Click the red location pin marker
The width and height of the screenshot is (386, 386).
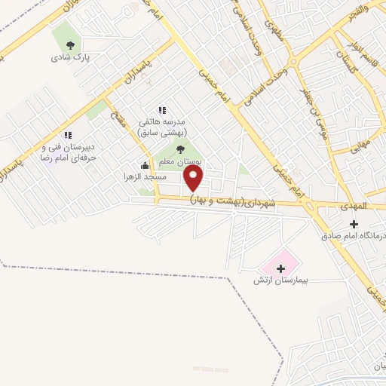pyautogui.click(x=195, y=178)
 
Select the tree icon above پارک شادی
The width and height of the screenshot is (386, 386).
pyautogui.click(x=71, y=44)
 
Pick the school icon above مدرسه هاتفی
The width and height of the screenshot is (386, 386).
pyautogui.click(x=161, y=110)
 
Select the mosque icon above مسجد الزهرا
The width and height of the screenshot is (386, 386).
pyautogui.click(x=146, y=165)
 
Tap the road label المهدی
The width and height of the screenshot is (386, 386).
pyautogui.click(x=352, y=205)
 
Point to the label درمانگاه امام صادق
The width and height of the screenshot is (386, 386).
pyautogui.click(x=354, y=237)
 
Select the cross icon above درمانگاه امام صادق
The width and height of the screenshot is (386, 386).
pyautogui.click(x=354, y=224)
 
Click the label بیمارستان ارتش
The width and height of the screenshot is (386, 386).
pyautogui.click(x=281, y=280)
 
